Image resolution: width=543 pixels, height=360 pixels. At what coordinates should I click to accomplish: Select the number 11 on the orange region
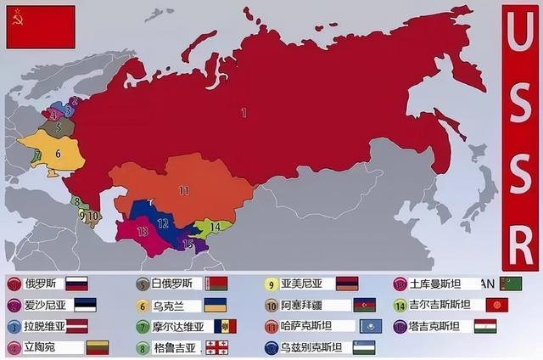[182, 190]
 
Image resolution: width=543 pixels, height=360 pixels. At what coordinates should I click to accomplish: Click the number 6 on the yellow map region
[58, 154]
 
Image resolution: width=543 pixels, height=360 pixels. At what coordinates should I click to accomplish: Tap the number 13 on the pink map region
[143, 231]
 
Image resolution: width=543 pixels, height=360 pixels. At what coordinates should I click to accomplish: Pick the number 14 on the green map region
[216, 227]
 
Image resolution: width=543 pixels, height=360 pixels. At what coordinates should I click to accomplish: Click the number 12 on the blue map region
[164, 222]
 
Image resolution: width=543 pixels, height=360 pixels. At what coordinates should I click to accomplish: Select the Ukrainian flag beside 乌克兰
[215, 306]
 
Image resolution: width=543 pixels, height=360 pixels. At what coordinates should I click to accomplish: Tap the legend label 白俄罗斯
[176, 284]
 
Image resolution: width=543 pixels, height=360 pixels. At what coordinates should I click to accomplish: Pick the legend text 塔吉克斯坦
[437, 326]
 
